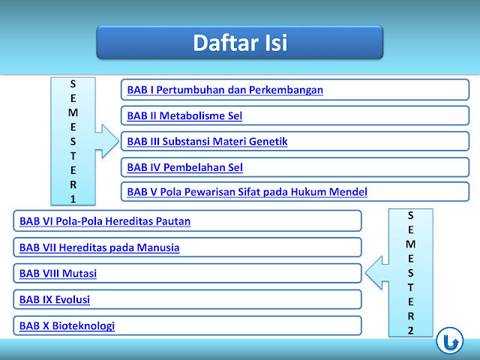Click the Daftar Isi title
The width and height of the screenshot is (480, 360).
tap(240, 43)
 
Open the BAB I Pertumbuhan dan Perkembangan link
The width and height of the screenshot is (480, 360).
tap(225, 90)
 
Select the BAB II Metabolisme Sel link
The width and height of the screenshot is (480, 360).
tap(184, 115)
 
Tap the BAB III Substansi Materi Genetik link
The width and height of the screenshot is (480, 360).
tap(207, 142)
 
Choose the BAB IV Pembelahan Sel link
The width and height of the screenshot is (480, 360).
tap(185, 167)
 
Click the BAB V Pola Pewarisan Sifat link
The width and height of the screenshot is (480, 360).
tap(247, 192)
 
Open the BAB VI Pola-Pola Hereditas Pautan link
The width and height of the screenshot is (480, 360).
tap(105, 221)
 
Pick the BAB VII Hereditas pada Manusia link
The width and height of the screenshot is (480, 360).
tap(100, 247)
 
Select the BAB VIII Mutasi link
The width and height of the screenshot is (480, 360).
tap(58, 273)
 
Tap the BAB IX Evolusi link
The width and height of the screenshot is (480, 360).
tap(55, 299)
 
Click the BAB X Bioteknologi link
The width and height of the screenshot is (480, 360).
tap(67, 325)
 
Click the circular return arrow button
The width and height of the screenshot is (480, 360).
tap(450, 340)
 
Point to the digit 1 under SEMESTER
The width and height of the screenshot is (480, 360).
tap(73, 199)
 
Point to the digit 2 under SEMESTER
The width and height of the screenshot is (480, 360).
tap(410, 331)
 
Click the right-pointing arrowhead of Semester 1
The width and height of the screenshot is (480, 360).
tap(110, 141)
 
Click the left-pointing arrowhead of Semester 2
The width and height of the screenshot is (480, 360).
tap(374, 273)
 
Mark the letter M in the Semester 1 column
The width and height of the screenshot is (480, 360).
tap(73, 112)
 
